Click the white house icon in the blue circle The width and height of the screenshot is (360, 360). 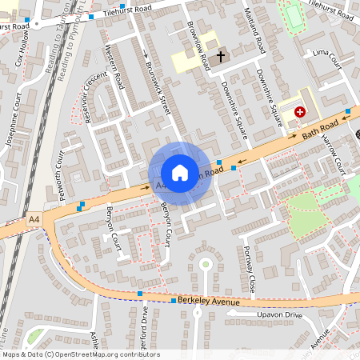pyautogui.click(x=180, y=173)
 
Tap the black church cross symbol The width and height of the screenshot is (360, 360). pyautogui.click(x=222, y=56)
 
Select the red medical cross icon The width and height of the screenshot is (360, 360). pyautogui.click(x=301, y=113)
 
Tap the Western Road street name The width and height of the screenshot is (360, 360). pyautogui.click(x=115, y=67)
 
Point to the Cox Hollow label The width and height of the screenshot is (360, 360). pyautogui.click(x=25, y=50)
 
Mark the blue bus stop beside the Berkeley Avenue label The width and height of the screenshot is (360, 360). pyautogui.click(x=174, y=301)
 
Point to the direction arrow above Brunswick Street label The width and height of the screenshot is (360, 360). pyautogui.click(x=146, y=54)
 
